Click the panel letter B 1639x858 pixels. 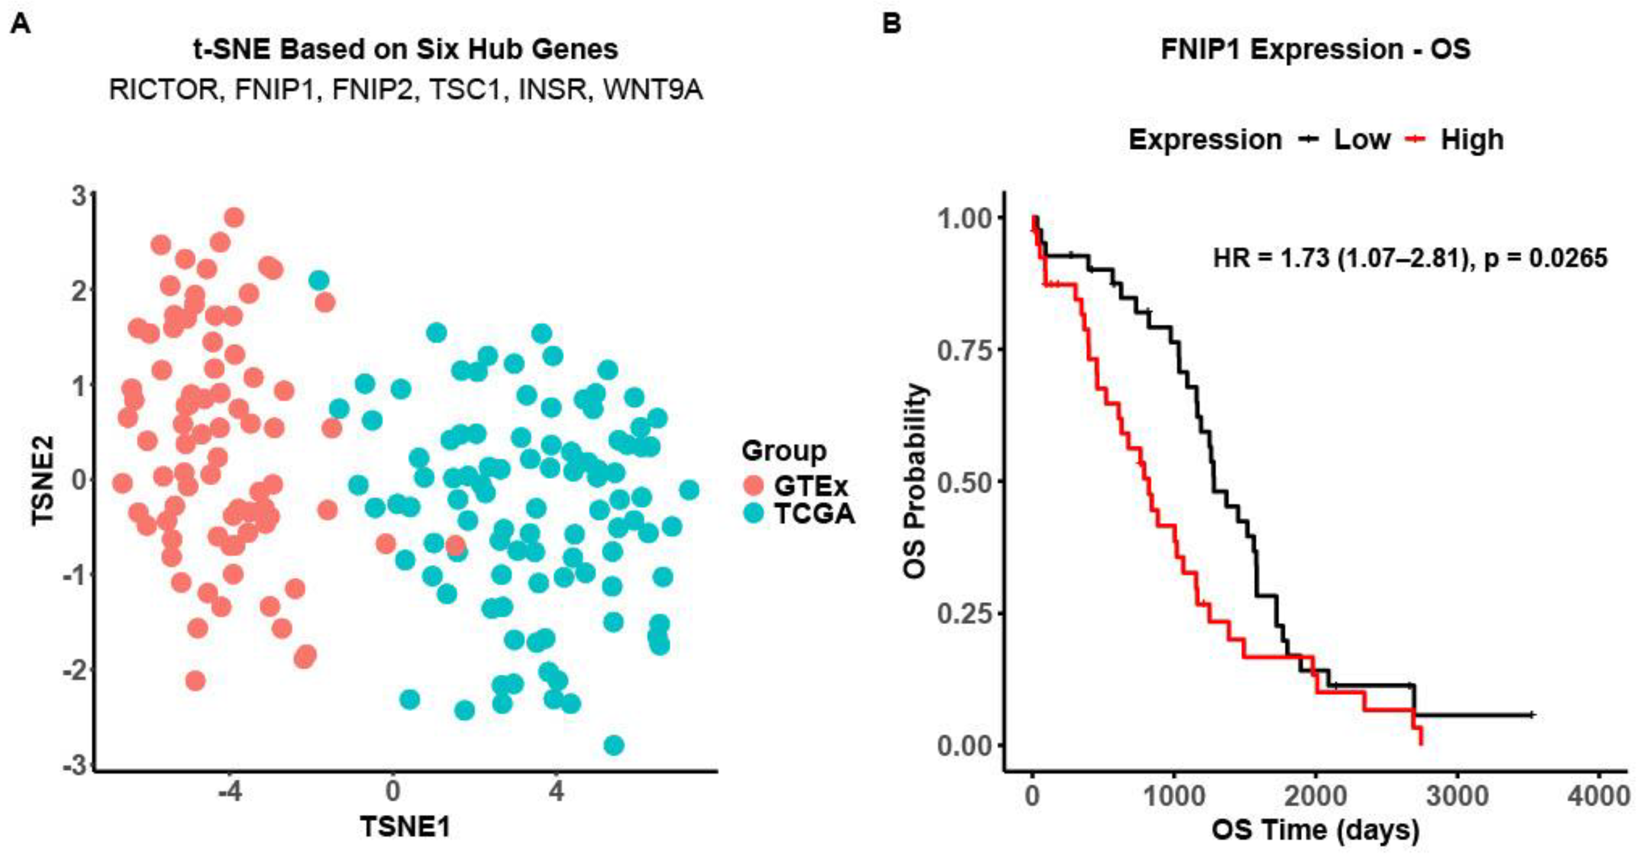pos(893,24)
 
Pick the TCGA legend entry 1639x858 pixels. pos(814,512)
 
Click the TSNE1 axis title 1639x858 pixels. pos(405,827)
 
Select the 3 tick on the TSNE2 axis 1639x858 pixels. pos(80,196)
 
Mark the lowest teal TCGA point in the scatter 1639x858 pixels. pos(613,745)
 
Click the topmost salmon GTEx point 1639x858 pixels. pos(234,217)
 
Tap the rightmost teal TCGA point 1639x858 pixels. pos(689,490)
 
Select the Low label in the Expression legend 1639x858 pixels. pos(1362,139)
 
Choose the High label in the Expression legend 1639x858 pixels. pos(1472,139)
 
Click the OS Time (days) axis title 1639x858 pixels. pos(1315,830)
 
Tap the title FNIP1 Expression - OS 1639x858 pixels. pos(1316,49)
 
